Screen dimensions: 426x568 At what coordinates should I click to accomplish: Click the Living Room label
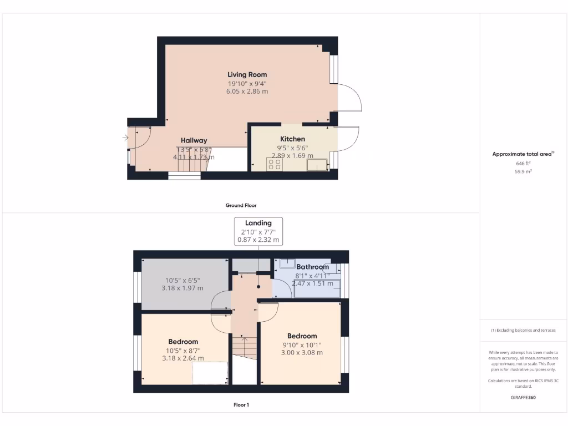[x=247, y=74]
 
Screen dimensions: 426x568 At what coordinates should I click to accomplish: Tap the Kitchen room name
[x=292, y=139]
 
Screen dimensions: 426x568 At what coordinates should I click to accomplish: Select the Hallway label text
[x=194, y=140]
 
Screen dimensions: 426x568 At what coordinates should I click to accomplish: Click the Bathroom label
[x=312, y=267]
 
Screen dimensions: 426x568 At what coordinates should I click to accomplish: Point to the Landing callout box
[x=258, y=231]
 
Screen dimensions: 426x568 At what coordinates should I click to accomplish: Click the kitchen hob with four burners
[x=274, y=164]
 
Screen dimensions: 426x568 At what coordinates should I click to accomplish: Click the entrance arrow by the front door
[x=125, y=138]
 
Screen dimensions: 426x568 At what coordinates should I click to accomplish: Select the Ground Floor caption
[x=241, y=205]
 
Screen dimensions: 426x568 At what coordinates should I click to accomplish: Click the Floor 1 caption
[x=241, y=405]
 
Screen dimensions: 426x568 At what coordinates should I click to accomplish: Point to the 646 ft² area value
[x=523, y=164]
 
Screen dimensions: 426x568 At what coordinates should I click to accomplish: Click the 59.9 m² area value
[x=523, y=172]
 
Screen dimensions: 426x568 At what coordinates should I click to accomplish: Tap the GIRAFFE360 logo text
[x=523, y=397]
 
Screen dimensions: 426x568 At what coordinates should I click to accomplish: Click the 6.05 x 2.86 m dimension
[x=247, y=91]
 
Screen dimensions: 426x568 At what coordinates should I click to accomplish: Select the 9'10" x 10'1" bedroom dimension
[x=302, y=344]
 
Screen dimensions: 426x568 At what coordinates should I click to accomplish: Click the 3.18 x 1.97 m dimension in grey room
[x=182, y=288]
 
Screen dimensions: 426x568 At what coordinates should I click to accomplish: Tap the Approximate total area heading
[x=523, y=154]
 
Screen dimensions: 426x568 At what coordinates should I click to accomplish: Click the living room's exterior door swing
[x=349, y=98]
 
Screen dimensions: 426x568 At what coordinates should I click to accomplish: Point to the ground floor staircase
[x=195, y=161]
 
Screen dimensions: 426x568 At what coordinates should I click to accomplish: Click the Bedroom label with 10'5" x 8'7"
[x=183, y=342]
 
